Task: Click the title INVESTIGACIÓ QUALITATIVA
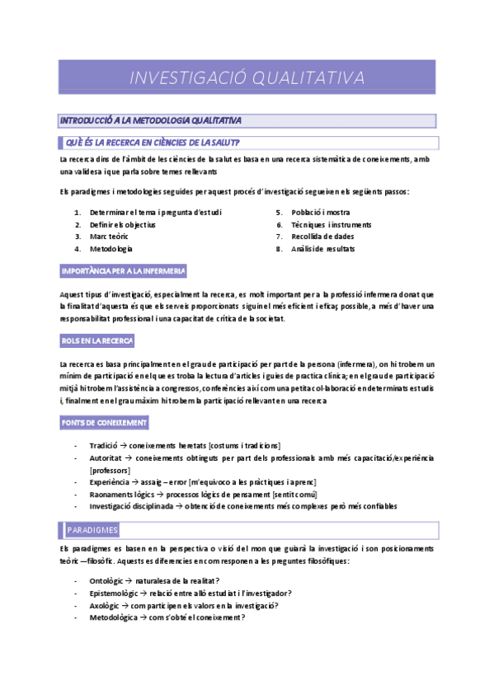click(247, 77)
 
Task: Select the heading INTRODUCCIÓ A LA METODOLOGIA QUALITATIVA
click(151, 121)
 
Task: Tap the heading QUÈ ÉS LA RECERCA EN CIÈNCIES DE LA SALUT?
click(153, 143)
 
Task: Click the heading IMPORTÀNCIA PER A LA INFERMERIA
click(124, 270)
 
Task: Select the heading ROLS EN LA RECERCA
click(97, 340)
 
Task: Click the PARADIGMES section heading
click(92, 529)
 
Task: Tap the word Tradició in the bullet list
click(104, 446)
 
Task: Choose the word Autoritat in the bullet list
click(106, 457)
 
